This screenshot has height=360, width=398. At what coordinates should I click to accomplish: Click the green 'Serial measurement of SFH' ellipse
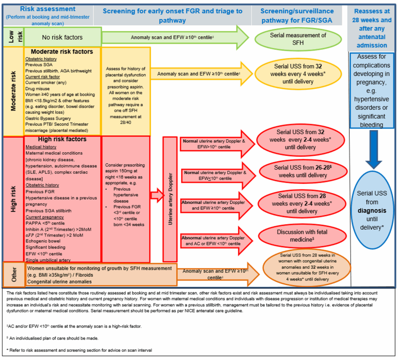[298, 39]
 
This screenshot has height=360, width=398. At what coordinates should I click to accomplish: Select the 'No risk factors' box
[63, 37]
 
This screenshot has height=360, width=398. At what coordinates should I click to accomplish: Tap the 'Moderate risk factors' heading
[62, 52]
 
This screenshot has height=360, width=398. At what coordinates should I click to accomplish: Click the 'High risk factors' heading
[62, 139]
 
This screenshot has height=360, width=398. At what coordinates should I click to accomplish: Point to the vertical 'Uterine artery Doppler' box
[170, 199]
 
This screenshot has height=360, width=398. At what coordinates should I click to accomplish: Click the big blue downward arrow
[374, 149]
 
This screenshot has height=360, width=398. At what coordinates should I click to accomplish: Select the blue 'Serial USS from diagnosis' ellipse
[372, 210]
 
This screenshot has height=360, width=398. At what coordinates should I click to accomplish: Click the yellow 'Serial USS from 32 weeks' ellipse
[298, 74]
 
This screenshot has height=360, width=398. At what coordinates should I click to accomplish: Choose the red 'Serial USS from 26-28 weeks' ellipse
[303, 171]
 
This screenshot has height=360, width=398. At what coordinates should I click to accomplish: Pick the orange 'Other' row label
[14, 274]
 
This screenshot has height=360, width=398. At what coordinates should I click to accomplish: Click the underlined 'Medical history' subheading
[41, 147]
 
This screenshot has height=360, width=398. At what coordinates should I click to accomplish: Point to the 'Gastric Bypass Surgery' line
[48, 118]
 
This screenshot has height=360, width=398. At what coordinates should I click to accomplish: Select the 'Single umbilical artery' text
[48, 260]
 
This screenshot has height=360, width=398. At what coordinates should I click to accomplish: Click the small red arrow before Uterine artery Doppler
[157, 195]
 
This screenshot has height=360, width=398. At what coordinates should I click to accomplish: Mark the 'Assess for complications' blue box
[372, 90]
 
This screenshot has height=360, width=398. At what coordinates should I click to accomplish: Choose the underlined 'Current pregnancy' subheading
[45, 217]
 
